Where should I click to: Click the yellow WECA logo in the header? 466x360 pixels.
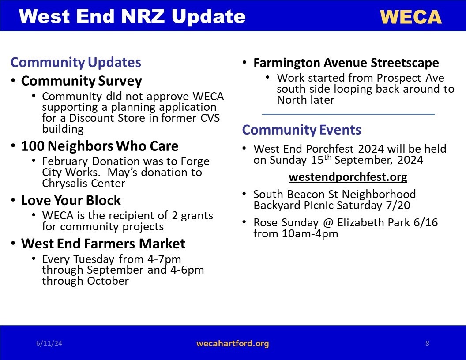[x=411, y=17]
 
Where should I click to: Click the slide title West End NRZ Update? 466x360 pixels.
[x=132, y=16]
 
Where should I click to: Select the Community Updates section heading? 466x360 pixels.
[x=76, y=62]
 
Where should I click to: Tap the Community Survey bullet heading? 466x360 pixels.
[x=82, y=81]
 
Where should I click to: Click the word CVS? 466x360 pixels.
[x=210, y=118]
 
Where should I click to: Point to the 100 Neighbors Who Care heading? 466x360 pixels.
[x=100, y=146]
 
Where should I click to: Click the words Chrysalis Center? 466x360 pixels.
[x=83, y=183]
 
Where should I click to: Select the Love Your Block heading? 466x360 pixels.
[x=71, y=200]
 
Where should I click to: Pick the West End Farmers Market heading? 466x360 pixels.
[x=103, y=244]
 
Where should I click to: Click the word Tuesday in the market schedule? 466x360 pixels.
[x=94, y=259]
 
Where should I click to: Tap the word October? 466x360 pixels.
[x=108, y=281]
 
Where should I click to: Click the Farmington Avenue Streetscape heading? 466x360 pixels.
[x=346, y=63]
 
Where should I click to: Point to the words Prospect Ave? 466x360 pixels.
[x=410, y=78]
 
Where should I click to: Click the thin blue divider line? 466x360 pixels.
[x=348, y=114]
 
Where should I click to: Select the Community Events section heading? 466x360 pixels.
[x=301, y=130]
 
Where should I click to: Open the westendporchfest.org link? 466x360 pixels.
[x=348, y=177]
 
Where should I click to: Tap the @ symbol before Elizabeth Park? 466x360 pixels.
[x=328, y=222]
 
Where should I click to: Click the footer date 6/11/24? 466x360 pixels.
[x=49, y=344]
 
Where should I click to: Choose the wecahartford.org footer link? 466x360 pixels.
[x=233, y=344]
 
